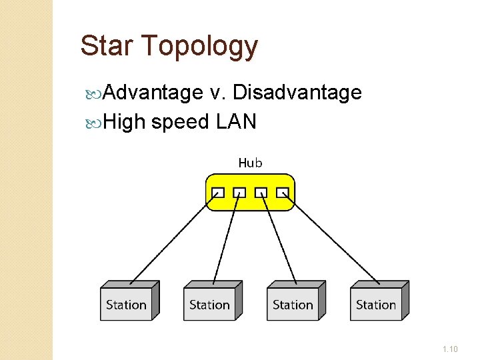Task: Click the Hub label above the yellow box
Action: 250,162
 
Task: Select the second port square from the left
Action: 239,193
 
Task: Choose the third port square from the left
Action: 261,193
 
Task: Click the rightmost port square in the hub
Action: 283,193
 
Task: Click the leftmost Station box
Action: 127,304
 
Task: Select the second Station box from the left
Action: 210,304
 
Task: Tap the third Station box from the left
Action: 293,304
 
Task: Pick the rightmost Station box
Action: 377,304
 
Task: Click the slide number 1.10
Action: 449,348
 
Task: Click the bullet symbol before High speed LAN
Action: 91,122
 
